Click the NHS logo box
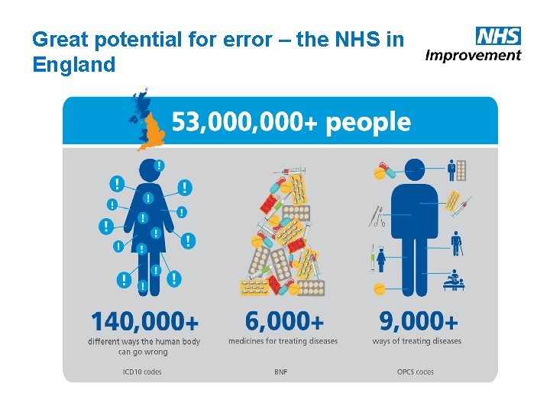497,36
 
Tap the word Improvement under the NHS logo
473,55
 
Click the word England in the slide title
74,65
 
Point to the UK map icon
146,120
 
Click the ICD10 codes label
142,372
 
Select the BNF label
281,372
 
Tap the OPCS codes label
416,372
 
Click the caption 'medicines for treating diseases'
283,341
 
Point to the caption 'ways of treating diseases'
417,341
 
